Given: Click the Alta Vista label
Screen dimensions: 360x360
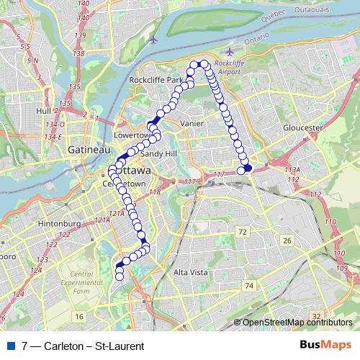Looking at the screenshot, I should pos(190,273).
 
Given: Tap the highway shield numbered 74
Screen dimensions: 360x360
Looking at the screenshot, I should pos(249,286).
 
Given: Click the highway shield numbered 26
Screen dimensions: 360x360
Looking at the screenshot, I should pos(287,240).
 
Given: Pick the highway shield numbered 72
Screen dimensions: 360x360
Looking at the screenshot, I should pos(243,231).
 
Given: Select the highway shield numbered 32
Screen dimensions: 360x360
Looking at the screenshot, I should pos(316,316).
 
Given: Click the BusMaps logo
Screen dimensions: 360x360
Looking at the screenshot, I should pos(325,345).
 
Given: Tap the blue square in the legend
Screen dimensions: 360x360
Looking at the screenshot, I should pos(9,346).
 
